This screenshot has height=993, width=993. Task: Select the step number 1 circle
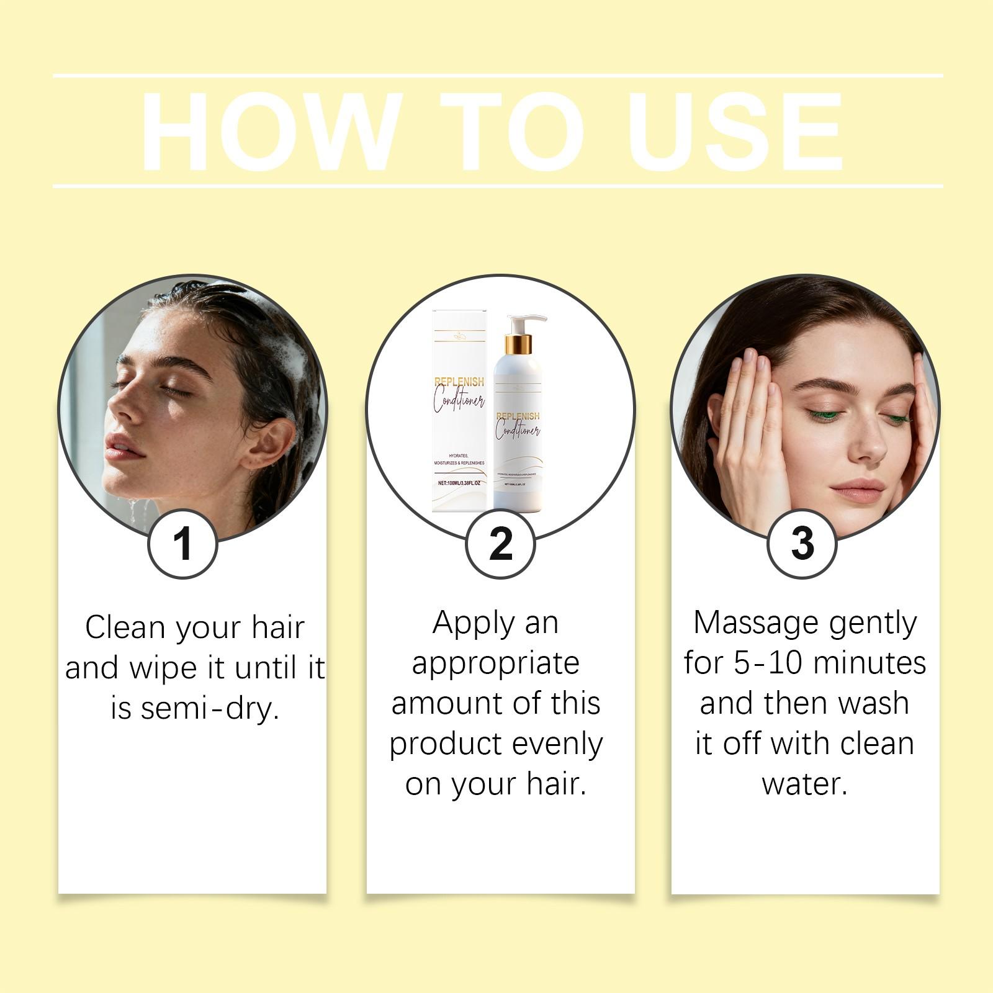(182, 544)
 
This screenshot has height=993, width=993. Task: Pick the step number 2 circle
(500, 544)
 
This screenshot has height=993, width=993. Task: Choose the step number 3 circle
(802, 544)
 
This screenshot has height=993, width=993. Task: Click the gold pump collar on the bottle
(518, 344)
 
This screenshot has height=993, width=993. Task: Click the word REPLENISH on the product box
(459, 382)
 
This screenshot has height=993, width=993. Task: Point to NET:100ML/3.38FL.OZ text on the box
(459, 483)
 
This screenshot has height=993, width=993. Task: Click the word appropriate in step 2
(495, 663)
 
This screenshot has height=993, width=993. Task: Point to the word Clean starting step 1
(126, 627)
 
